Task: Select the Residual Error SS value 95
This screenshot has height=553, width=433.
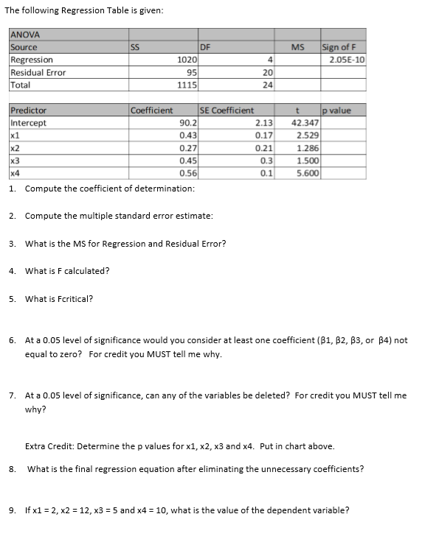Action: coord(190,72)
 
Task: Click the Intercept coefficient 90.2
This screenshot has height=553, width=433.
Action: coord(188,123)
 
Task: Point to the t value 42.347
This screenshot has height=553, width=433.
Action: coord(305,123)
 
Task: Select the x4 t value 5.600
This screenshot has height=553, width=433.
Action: coord(308,173)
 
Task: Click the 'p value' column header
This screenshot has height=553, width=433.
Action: coord(338,110)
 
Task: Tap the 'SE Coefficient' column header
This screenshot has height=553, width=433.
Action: coord(227,110)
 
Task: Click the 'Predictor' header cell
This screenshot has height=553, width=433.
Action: coord(29,110)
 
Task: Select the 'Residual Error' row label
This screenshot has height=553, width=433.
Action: coord(38,72)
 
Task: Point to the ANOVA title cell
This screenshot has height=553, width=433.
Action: coord(25,35)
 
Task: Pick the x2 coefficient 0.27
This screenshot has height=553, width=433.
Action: coord(187,148)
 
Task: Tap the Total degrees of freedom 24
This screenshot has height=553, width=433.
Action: coord(269,84)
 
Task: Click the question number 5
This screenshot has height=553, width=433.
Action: coord(13,298)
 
